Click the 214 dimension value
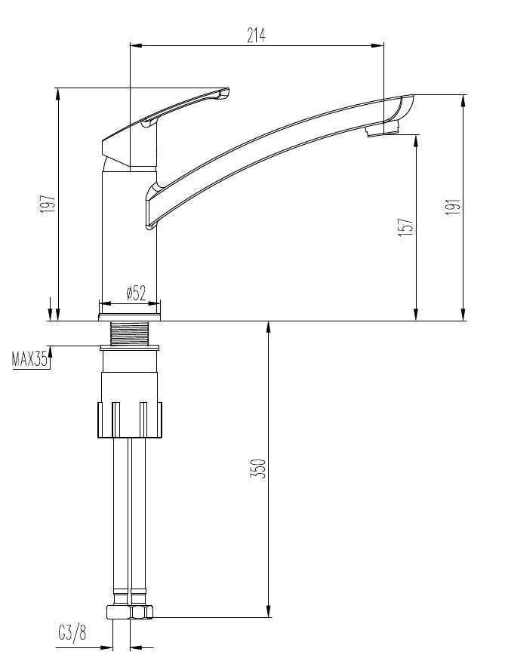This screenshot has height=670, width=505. point(256,35)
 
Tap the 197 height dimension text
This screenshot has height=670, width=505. point(48,204)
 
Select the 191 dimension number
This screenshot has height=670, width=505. point(452,207)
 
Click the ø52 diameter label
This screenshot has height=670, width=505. point(137,293)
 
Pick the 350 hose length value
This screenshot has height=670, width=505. point(259,469)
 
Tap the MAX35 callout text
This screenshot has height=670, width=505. point(29,360)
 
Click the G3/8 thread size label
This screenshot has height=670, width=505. point(72,633)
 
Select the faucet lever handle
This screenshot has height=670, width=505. point(165,127)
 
